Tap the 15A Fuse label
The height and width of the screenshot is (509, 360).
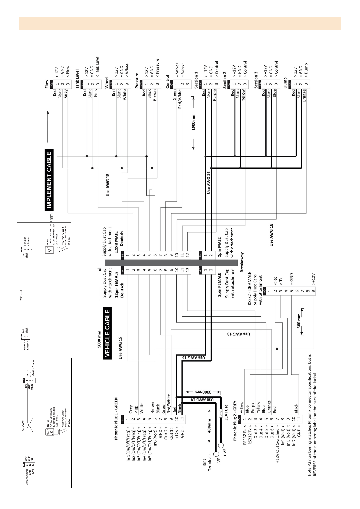(226, 412)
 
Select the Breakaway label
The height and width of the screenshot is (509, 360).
(242, 262)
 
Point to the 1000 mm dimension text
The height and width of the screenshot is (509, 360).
(193, 122)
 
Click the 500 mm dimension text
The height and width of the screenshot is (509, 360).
(299, 321)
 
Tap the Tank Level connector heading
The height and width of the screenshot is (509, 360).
(77, 79)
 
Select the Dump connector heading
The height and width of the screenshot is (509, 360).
(285, 82)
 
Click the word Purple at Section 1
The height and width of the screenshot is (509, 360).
(215, 95)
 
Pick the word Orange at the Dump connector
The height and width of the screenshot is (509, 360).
(304, 95)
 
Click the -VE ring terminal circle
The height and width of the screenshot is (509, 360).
(216, 454)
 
